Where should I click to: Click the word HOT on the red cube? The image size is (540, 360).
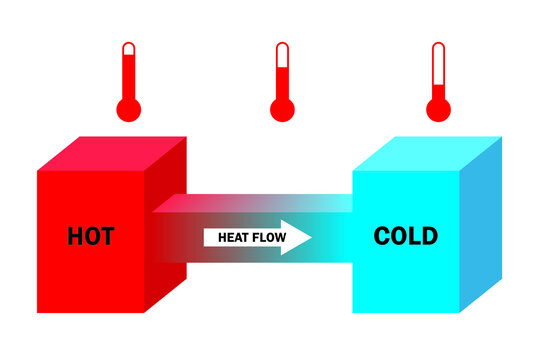(90, 237)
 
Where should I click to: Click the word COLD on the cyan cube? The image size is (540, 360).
(405, 236)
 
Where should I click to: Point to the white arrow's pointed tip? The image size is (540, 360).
(312, 238)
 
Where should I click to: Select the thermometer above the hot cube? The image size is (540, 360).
(128, 85)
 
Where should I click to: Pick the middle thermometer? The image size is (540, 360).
(282, 85)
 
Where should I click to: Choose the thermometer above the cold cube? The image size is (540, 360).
(437, 85)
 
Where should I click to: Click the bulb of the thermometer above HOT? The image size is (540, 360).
(128, 110)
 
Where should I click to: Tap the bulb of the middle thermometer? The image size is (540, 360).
(282, 110)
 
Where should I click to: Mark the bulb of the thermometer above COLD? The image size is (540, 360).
(437, 110)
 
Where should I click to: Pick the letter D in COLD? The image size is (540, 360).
(429, 236)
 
